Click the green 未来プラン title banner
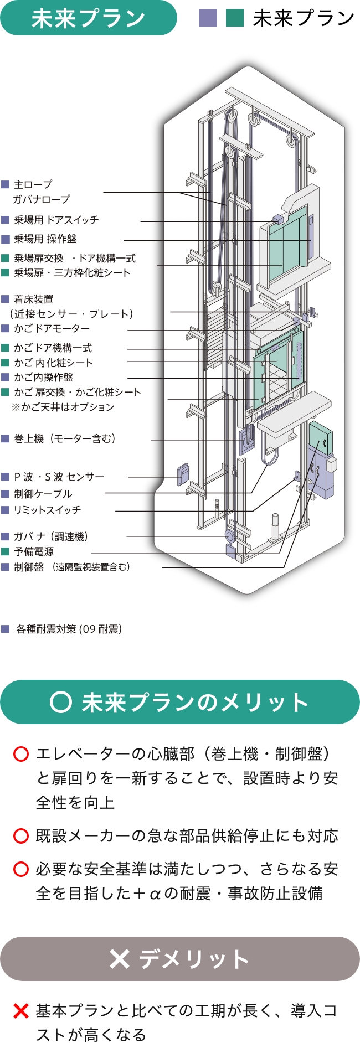coord(89,18)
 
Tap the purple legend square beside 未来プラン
coord(208,18)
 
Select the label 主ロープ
coord(33,184)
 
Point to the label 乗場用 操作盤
coord(45,239)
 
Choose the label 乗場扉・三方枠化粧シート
coord(72,272)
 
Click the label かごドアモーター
coord(52,328)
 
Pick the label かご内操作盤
coord(44,377)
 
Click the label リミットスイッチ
coord(48,510)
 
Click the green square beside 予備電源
coord(5,551)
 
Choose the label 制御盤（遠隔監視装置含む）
coord(72,567)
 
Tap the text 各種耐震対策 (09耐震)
coord(69,629)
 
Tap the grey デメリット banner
coord(180,959)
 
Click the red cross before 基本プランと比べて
coord(20,1011)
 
